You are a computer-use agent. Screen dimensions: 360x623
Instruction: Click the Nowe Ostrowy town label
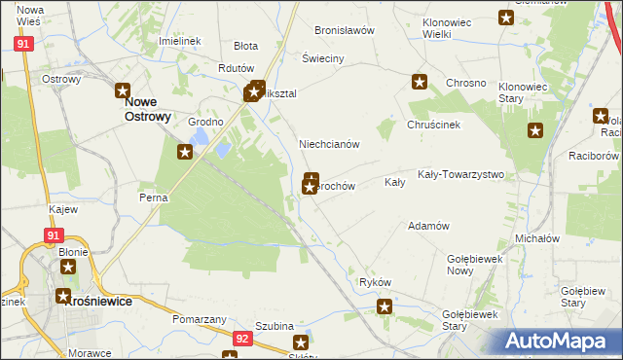[x=147, y=108]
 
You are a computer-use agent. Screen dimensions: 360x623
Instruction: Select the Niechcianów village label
[x=330, y=144]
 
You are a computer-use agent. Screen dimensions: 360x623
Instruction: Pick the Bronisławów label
[x=345, y=30]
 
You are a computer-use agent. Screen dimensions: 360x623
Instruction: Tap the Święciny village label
[x=323, y=59]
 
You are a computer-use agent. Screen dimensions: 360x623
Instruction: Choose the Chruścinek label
[x=433, y=126]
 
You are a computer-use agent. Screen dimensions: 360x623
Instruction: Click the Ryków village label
[x=375, y=282]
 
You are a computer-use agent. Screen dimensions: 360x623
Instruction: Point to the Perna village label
[x=154, y=198]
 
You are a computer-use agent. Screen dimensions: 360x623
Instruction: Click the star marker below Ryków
[x=385, y=307]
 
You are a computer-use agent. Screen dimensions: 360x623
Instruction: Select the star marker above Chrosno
[x=420, y=82]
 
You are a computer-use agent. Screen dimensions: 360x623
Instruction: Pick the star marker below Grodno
[x=185, y=151]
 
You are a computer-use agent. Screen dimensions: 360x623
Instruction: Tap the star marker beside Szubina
[x=301, y=342]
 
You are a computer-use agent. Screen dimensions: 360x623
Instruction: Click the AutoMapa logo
[x=560, y=342]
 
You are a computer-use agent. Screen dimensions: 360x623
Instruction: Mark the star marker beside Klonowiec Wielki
[x=506, y=17]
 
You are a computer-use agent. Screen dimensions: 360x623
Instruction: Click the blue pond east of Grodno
[x=223, y=149]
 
